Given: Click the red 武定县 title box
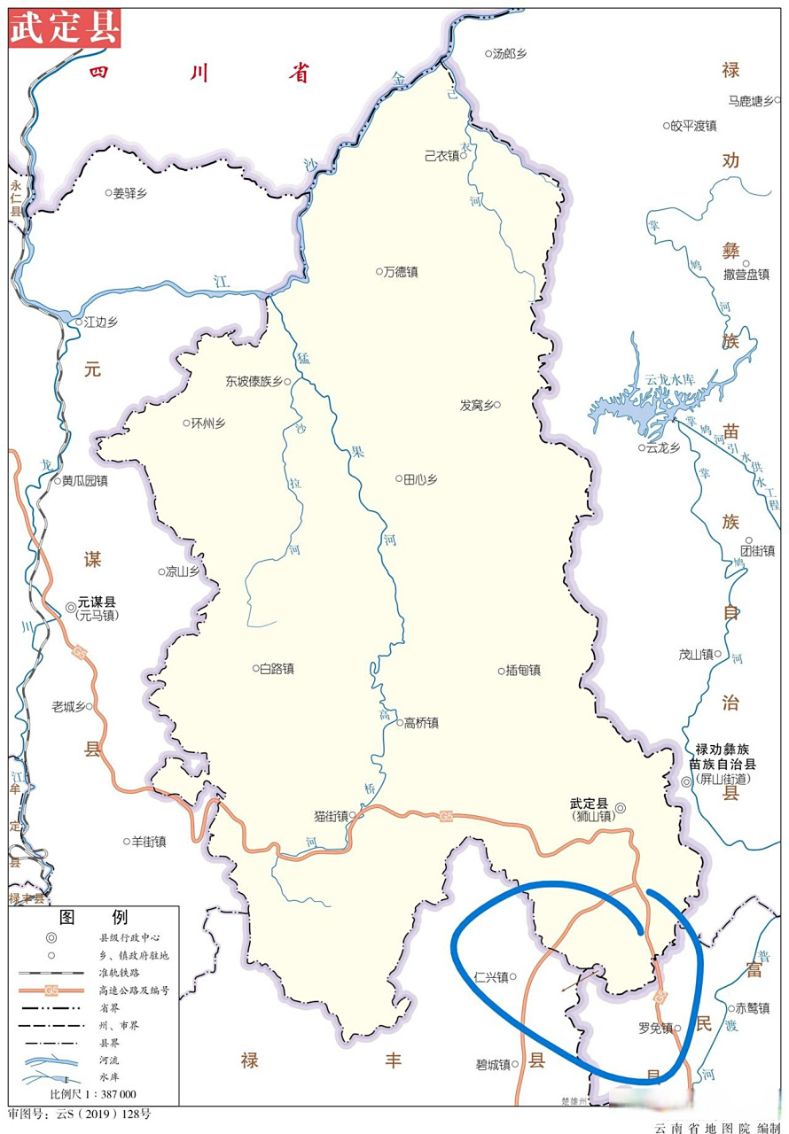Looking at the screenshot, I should pos(65,29).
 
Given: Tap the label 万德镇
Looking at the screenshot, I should pos(401,272).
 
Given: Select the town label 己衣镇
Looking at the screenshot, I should pos(442,156).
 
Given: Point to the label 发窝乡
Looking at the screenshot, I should pos(476,405).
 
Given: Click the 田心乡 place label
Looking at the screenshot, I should pos(421,479).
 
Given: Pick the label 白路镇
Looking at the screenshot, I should pos(277,669).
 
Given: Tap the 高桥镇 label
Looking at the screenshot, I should pos(421,723).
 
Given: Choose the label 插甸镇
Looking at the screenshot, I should pos(523,671).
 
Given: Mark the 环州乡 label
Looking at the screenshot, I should pos(208,423).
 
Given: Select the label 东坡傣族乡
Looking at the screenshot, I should pos(254,382).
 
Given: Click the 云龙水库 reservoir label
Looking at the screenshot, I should pos(670,379).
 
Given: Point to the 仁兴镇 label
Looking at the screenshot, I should pos(491,978).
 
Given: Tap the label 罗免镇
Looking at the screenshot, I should pos(655,1029).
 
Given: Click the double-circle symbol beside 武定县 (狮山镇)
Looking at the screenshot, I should pos(621,807).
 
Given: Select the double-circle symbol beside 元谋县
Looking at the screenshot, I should pos(70,607).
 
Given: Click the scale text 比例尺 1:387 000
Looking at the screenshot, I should pos(93,1094).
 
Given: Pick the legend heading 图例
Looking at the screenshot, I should pos(93,916).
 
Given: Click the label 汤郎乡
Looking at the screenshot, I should pos(510,54).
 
